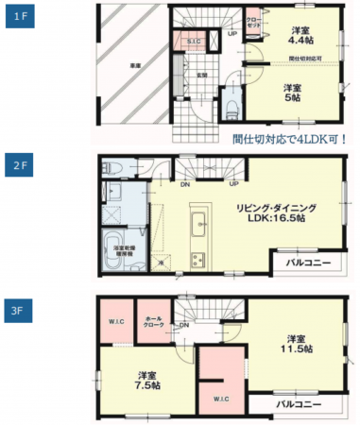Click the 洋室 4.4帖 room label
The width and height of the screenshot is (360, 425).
pyautogui.click(x=301, y=35)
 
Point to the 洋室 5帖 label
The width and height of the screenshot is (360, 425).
pyautogui.click(x=294, y=92)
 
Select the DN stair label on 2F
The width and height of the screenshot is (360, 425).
pyautogui.click(x=184, y=185)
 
